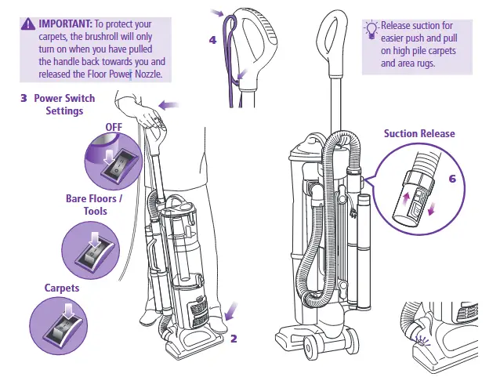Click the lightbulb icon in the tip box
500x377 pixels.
(x=371, y=29)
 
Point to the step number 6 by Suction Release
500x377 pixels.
(x=451, y=179)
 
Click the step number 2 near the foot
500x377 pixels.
(x=234, y=339)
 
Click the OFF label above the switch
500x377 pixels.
(x=114, y=127)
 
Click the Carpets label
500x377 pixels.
(x=62, y=288)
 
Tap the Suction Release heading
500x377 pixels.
(x=418, y=133)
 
